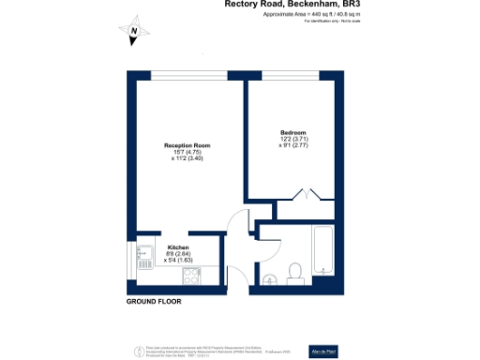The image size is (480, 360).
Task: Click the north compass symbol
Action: [135, 33]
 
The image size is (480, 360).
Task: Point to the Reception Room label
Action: [187, 145]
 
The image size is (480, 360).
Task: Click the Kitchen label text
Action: [175, 247]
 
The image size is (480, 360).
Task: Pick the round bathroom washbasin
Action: [269, 277]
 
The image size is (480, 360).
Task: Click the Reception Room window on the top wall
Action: [187, 76]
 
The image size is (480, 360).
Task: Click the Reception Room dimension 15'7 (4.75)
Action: [187, 153]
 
